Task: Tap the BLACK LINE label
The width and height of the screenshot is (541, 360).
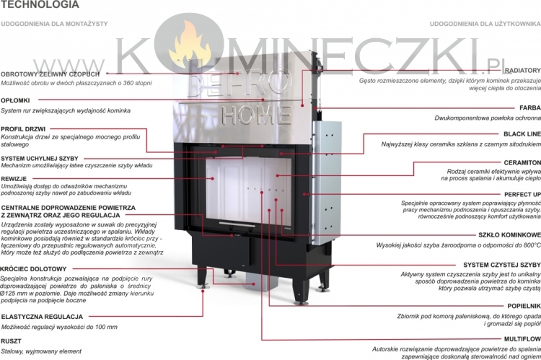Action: coord(522,135)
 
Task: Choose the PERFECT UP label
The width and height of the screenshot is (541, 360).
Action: coord(520,195)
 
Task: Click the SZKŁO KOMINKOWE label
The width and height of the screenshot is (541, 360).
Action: coord(509,235)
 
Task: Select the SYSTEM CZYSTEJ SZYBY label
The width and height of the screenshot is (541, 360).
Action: coord(501,265)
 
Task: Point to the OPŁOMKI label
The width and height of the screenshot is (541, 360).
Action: coord(16,100)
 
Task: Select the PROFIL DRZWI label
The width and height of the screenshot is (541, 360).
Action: coord(24,128)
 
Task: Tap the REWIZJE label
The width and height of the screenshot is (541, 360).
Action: coord(14,177)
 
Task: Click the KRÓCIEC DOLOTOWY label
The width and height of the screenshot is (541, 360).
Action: coord(29,269)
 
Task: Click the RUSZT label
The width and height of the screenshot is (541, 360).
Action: coord(11,341)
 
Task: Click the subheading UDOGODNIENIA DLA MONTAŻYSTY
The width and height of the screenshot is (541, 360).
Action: coord(55,24)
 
